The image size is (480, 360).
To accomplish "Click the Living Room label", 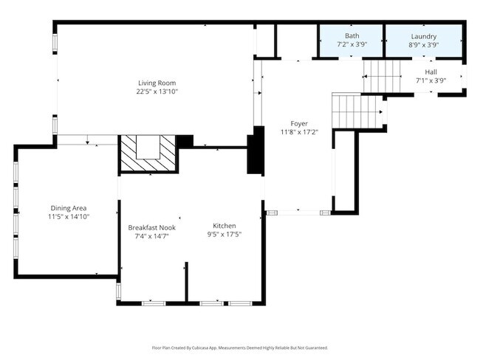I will pos(157,83).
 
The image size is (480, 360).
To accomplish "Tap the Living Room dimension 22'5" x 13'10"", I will pos(157,91).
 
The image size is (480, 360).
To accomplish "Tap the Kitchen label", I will pos(224,226).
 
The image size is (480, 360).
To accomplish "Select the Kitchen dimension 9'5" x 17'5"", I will pos(224,235).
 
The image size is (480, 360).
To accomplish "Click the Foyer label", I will pos(299,123).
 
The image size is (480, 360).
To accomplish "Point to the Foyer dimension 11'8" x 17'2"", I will pos(299,132).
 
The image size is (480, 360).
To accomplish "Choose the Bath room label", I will pos(352,36).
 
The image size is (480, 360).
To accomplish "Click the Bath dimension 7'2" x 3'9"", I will pos(352,44).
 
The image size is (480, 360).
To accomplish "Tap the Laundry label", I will pos(424,36).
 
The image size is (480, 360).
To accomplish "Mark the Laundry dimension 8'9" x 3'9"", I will pos(424,44).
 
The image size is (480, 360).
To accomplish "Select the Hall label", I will pos(431,72).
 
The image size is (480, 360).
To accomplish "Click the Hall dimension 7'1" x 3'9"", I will pos(431,80).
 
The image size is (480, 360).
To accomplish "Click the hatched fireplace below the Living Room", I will pos(148,154).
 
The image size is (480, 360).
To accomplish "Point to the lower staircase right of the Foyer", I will pos(357,111).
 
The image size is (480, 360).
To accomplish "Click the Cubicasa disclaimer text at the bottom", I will pos(239,347).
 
